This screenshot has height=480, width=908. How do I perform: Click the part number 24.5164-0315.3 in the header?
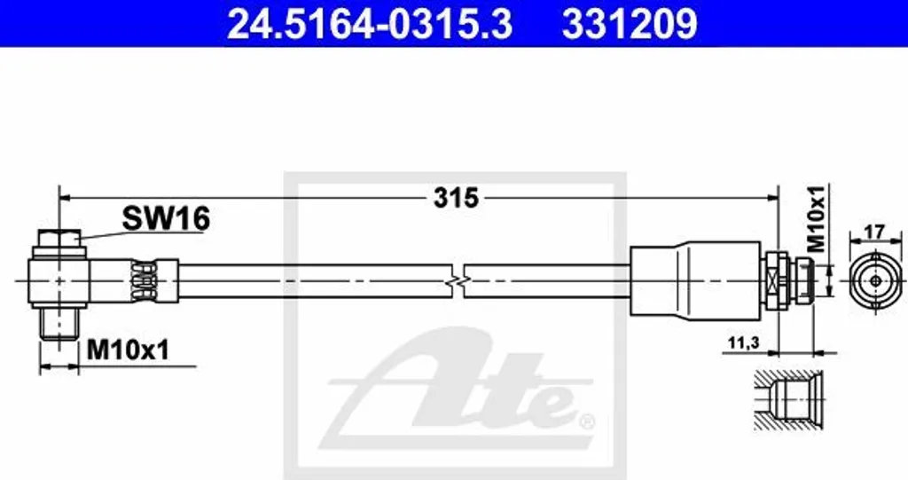click(370, 24)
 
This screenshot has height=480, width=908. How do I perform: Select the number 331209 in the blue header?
click(630, 24)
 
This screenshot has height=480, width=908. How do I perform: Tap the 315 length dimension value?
click(457, 198)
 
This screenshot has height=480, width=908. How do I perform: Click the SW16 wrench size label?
click(166, 218)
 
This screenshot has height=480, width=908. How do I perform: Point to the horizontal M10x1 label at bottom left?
click(128, 350)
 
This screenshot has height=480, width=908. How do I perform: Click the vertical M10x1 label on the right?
click(816, 219)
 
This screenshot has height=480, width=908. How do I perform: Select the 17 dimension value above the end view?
click(875, 232)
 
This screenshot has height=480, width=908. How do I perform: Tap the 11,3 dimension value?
click(744, 343)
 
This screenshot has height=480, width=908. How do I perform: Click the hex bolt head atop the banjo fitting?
click(59, 239)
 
